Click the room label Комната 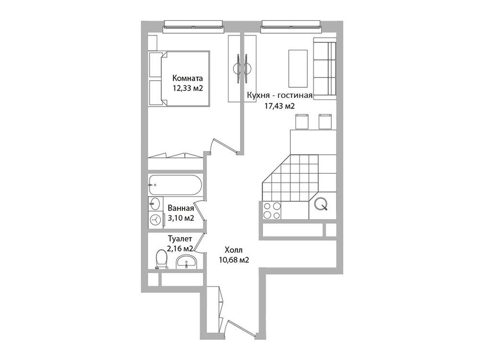pyautogui.click(x=187, y=78)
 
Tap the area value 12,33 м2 pyautogui.click(x=188, y=88)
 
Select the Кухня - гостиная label pyautogui.click(x=280, y=96)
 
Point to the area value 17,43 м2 pyautogui.click(x=279, y=106)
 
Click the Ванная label pyautogui.click(x=181, y=208)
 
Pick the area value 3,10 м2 pyautogui.click(x=181, y=218)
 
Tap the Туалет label pyautogui.click(x=180, y=239)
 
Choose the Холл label pyautogui.click(x=234, y=250)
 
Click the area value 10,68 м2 pyautogui.click(x=234, y=260)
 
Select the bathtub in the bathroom pyautogui.click(x=175, y=185)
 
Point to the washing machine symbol pyautogui.click(x=156, y=220)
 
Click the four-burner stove pyautogui.click(x=272, y=211)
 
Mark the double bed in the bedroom pyautogui.click(x=179, y=79)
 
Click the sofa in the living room pyautogui.click(x=325, y=69)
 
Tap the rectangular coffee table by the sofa pyautogui.click(x=298, y=69)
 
